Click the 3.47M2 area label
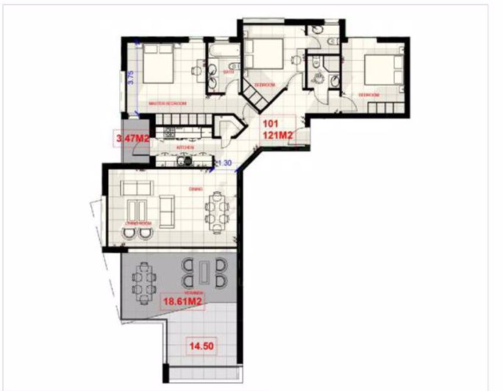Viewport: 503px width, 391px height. click(x=129, y=137)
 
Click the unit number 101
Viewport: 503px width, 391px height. click(x=271, y=124)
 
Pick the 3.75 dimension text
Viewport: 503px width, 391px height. click(x=130, y=78)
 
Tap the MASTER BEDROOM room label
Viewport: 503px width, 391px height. click(x=168, y=104)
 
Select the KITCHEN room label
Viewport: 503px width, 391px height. click(x=185, y=148)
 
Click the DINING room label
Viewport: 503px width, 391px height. click(x=195, y=188)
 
